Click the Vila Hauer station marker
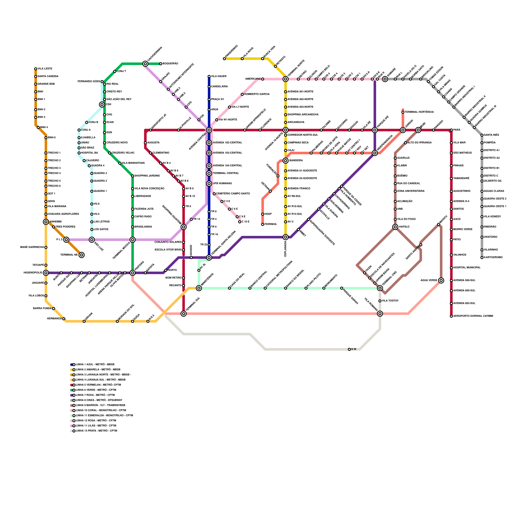(209, 76)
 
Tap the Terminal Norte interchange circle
(286, 79)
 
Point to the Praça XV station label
(217, 99)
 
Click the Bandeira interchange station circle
(286, 161)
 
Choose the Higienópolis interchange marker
(46, 273)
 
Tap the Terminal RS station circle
(82, 255)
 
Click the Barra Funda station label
(42, 309)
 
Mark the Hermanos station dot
(64, 319)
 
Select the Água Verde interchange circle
(441, 280)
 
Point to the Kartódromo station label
(493, 258)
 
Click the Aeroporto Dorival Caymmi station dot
(451, 316)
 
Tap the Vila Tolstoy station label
(390, 301)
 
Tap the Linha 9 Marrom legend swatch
(72, 405)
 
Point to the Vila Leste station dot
(36, 69)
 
